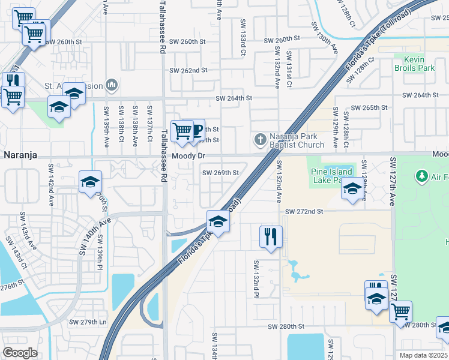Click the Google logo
20,353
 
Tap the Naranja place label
20,155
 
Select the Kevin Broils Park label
414,64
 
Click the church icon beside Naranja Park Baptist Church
260,140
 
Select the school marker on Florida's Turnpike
218,222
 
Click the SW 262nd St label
188,70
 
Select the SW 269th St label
220,173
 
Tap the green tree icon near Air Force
421,176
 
